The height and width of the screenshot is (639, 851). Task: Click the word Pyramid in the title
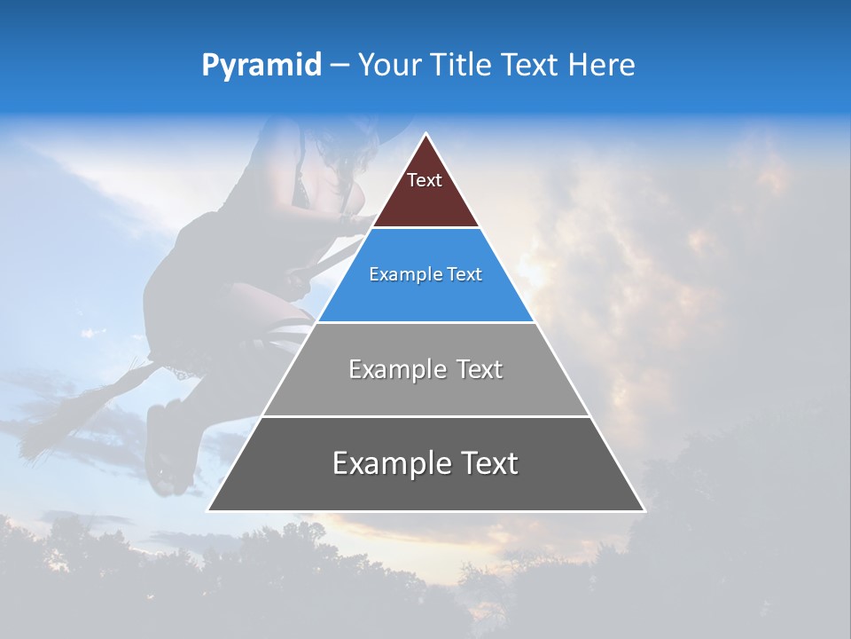tap(261, 65)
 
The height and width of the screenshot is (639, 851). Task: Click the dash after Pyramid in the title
tap(339, 66)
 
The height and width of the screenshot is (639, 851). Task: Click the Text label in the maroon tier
tap(424, 180)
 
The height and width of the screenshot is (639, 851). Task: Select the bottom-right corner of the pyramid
tap(644, 510)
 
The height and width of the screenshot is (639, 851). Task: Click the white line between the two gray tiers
tap(425, 416)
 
